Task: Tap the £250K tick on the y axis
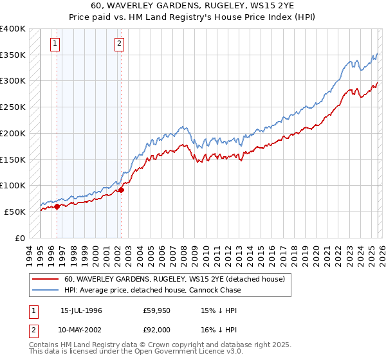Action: (x=13, y=107)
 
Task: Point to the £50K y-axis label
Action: (x=15, y=212)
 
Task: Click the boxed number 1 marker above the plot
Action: (x=55, y=44)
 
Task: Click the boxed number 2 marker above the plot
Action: (x=120, y=44)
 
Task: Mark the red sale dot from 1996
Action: (x=57, y=206)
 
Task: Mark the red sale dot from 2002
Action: (x=121, y=190)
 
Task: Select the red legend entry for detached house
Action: (x=178, y=279)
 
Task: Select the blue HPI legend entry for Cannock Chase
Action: (x=152, y=290)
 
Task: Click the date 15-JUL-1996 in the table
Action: (x=82, y=310)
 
